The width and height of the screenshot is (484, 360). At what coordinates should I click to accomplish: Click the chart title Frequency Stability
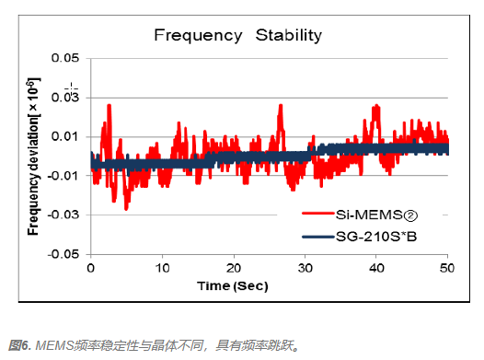click(237, 36)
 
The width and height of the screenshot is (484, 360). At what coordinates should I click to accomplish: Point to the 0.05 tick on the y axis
click(65, 58)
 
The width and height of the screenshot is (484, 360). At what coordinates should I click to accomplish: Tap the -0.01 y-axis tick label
click(63, 177)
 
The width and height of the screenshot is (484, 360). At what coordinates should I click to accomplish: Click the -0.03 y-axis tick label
click(63, 215)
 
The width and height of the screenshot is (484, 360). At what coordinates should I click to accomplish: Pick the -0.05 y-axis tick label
click(63, 255)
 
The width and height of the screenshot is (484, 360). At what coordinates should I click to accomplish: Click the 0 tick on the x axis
click(90, 268)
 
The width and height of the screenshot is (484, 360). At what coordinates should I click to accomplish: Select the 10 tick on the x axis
click(162, 268)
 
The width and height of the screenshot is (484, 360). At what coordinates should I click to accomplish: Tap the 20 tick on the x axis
click(234, 268)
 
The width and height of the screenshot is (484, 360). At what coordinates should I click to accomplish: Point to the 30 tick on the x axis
click(305, 268)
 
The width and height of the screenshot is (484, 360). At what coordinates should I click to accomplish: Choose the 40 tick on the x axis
click(377, 268)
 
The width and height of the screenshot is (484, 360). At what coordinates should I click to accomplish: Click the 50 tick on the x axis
click(448, 268)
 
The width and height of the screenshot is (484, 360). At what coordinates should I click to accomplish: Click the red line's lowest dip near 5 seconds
click(126, 208)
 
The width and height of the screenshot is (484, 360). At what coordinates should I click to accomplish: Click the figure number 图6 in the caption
click(19, 346)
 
